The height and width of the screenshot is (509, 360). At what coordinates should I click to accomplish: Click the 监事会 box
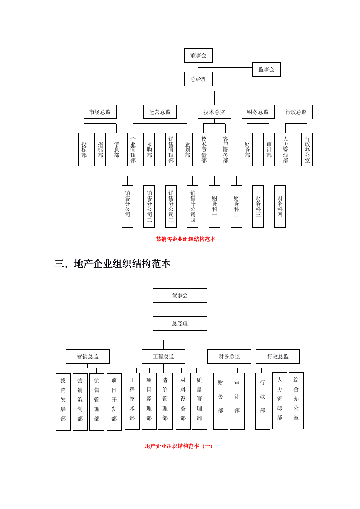tap(266, 69)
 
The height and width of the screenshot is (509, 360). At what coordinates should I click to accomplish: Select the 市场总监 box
tap(100, 112)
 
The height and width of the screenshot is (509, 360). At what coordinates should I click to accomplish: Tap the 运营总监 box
tap(160, 112)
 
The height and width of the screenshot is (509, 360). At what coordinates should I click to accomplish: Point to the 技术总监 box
tap(214, 112)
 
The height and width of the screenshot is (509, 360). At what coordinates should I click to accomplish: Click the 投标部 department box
tap(84, 150)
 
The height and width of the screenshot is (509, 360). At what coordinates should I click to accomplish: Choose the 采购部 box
tap(149, 150)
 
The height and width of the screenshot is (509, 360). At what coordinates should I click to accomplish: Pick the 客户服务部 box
tap(226, 150)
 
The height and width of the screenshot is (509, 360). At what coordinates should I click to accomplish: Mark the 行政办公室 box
tap(307, 150)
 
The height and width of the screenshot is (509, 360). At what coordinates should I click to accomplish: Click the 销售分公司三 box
tap(171, 206)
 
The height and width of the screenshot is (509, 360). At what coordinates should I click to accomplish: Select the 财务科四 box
tap(280, 206)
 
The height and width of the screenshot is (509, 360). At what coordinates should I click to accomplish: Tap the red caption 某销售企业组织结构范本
tap(186, 239)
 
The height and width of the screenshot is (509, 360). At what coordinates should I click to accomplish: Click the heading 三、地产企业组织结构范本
tap(113, 264)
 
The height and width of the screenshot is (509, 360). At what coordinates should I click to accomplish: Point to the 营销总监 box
tap(88, 357)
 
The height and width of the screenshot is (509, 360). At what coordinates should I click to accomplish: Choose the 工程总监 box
tap(163, 357)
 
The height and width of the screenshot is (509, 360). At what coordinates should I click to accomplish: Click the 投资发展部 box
tap(63, 401)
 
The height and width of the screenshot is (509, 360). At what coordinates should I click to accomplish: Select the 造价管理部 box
tap(165, 401)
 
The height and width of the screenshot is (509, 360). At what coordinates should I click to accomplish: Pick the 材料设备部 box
tap(183, 401)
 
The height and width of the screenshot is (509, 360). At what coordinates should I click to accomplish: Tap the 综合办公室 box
tap(296, 401)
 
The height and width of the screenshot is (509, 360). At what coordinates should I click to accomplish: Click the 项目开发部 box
tap(114, 401)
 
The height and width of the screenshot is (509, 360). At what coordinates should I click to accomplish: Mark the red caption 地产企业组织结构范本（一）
tap(179, 446)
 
